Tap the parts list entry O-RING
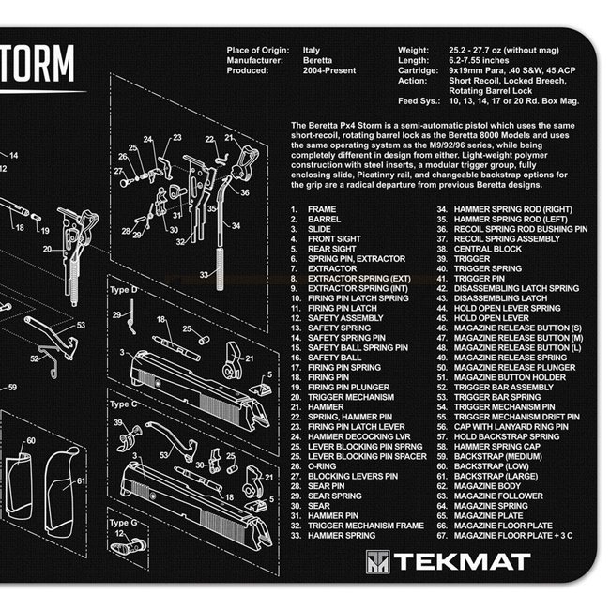[325, 466]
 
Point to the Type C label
[123, 404]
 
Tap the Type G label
[123, 522]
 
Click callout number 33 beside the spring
[203, 275]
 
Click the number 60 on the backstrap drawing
[31, 439]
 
